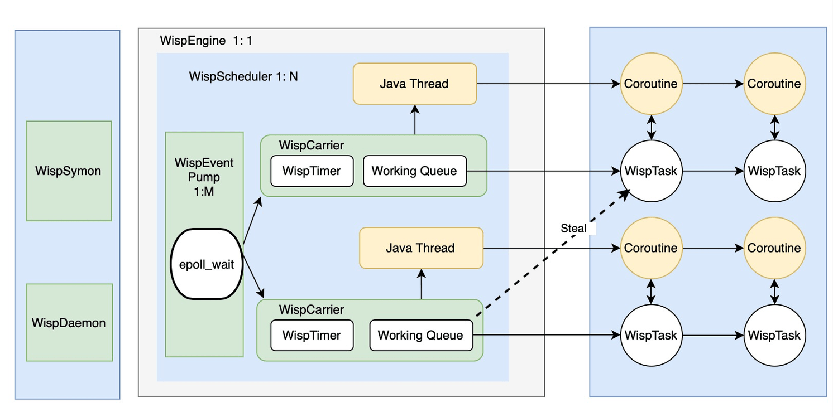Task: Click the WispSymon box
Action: click(x=69, y=171)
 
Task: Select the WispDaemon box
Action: click(x=69, y=322)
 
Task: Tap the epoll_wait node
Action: click(x=206, y=264)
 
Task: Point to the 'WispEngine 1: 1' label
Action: click(x=206, y=41)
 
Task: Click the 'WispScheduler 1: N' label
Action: click(x=243, y=76)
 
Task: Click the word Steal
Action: click(x=573, y=228)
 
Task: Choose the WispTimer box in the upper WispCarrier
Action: click(x=312, y=171)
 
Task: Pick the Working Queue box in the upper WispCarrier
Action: click(x=414, y=171)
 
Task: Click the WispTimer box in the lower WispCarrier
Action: click(x=312, y=335)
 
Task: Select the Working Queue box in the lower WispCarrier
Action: click(x=420, y=335)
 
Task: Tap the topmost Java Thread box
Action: click(x=414, y=84)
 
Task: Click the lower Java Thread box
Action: click(x=420, y=248)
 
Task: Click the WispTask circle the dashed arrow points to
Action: click(x=651, y=171)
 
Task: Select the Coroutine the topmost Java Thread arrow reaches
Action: click(x=651, y=84)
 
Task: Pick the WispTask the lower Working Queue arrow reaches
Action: click(x=651, y=335)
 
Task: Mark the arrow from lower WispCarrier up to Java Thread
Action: click(x=421, y=284)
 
